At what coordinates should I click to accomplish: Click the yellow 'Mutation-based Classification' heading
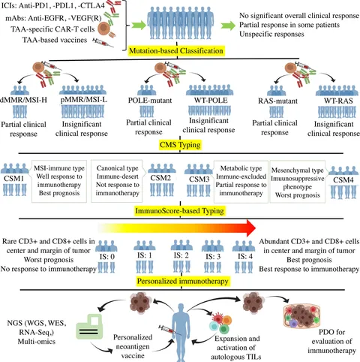pyautogui.click(x=176, y=51)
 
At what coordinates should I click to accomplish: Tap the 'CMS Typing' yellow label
pyautogui.click(x=180, y=145)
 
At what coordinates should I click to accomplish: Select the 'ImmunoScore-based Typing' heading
pyautogui.click(x=179, y=211)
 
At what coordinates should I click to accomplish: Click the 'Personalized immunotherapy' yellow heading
pyautogui.click(x=182, y=281)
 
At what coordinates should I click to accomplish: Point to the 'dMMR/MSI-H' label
pyautogui.click(x=23, y=100)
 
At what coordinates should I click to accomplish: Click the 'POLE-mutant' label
pyautogui.click(x=150, y=101)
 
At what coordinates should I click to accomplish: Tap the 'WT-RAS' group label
pyautogui.click(x=338, y=101)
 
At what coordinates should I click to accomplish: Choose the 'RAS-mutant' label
pyautogui.click(x=277, y=101)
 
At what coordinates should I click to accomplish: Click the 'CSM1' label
pyautogui.click(x=14, y=179)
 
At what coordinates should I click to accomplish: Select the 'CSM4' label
pyautogui.click(x=343, y=180)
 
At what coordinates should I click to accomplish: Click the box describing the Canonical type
pyautogui.click(x=117, y=181)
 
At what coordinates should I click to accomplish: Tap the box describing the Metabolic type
pyautogui.click(x=241, y=182)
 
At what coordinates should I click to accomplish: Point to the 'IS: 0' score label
pyautogui.click(x=106, y=257)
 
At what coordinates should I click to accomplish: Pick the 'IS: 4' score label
pyautogui.click(x=244, y=256)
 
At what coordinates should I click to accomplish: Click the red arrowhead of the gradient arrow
pyautogui.click(x=250, y=228)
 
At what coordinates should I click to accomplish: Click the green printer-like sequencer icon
pyautogui.click(x=90, y=327)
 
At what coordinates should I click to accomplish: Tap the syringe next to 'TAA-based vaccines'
pyautogui.click(x=103, y=43)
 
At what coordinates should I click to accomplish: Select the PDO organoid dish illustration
pyautogui.click(x=302, y=315)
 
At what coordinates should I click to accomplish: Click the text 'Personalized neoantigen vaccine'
pyautogui.click(x=133, y=346)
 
